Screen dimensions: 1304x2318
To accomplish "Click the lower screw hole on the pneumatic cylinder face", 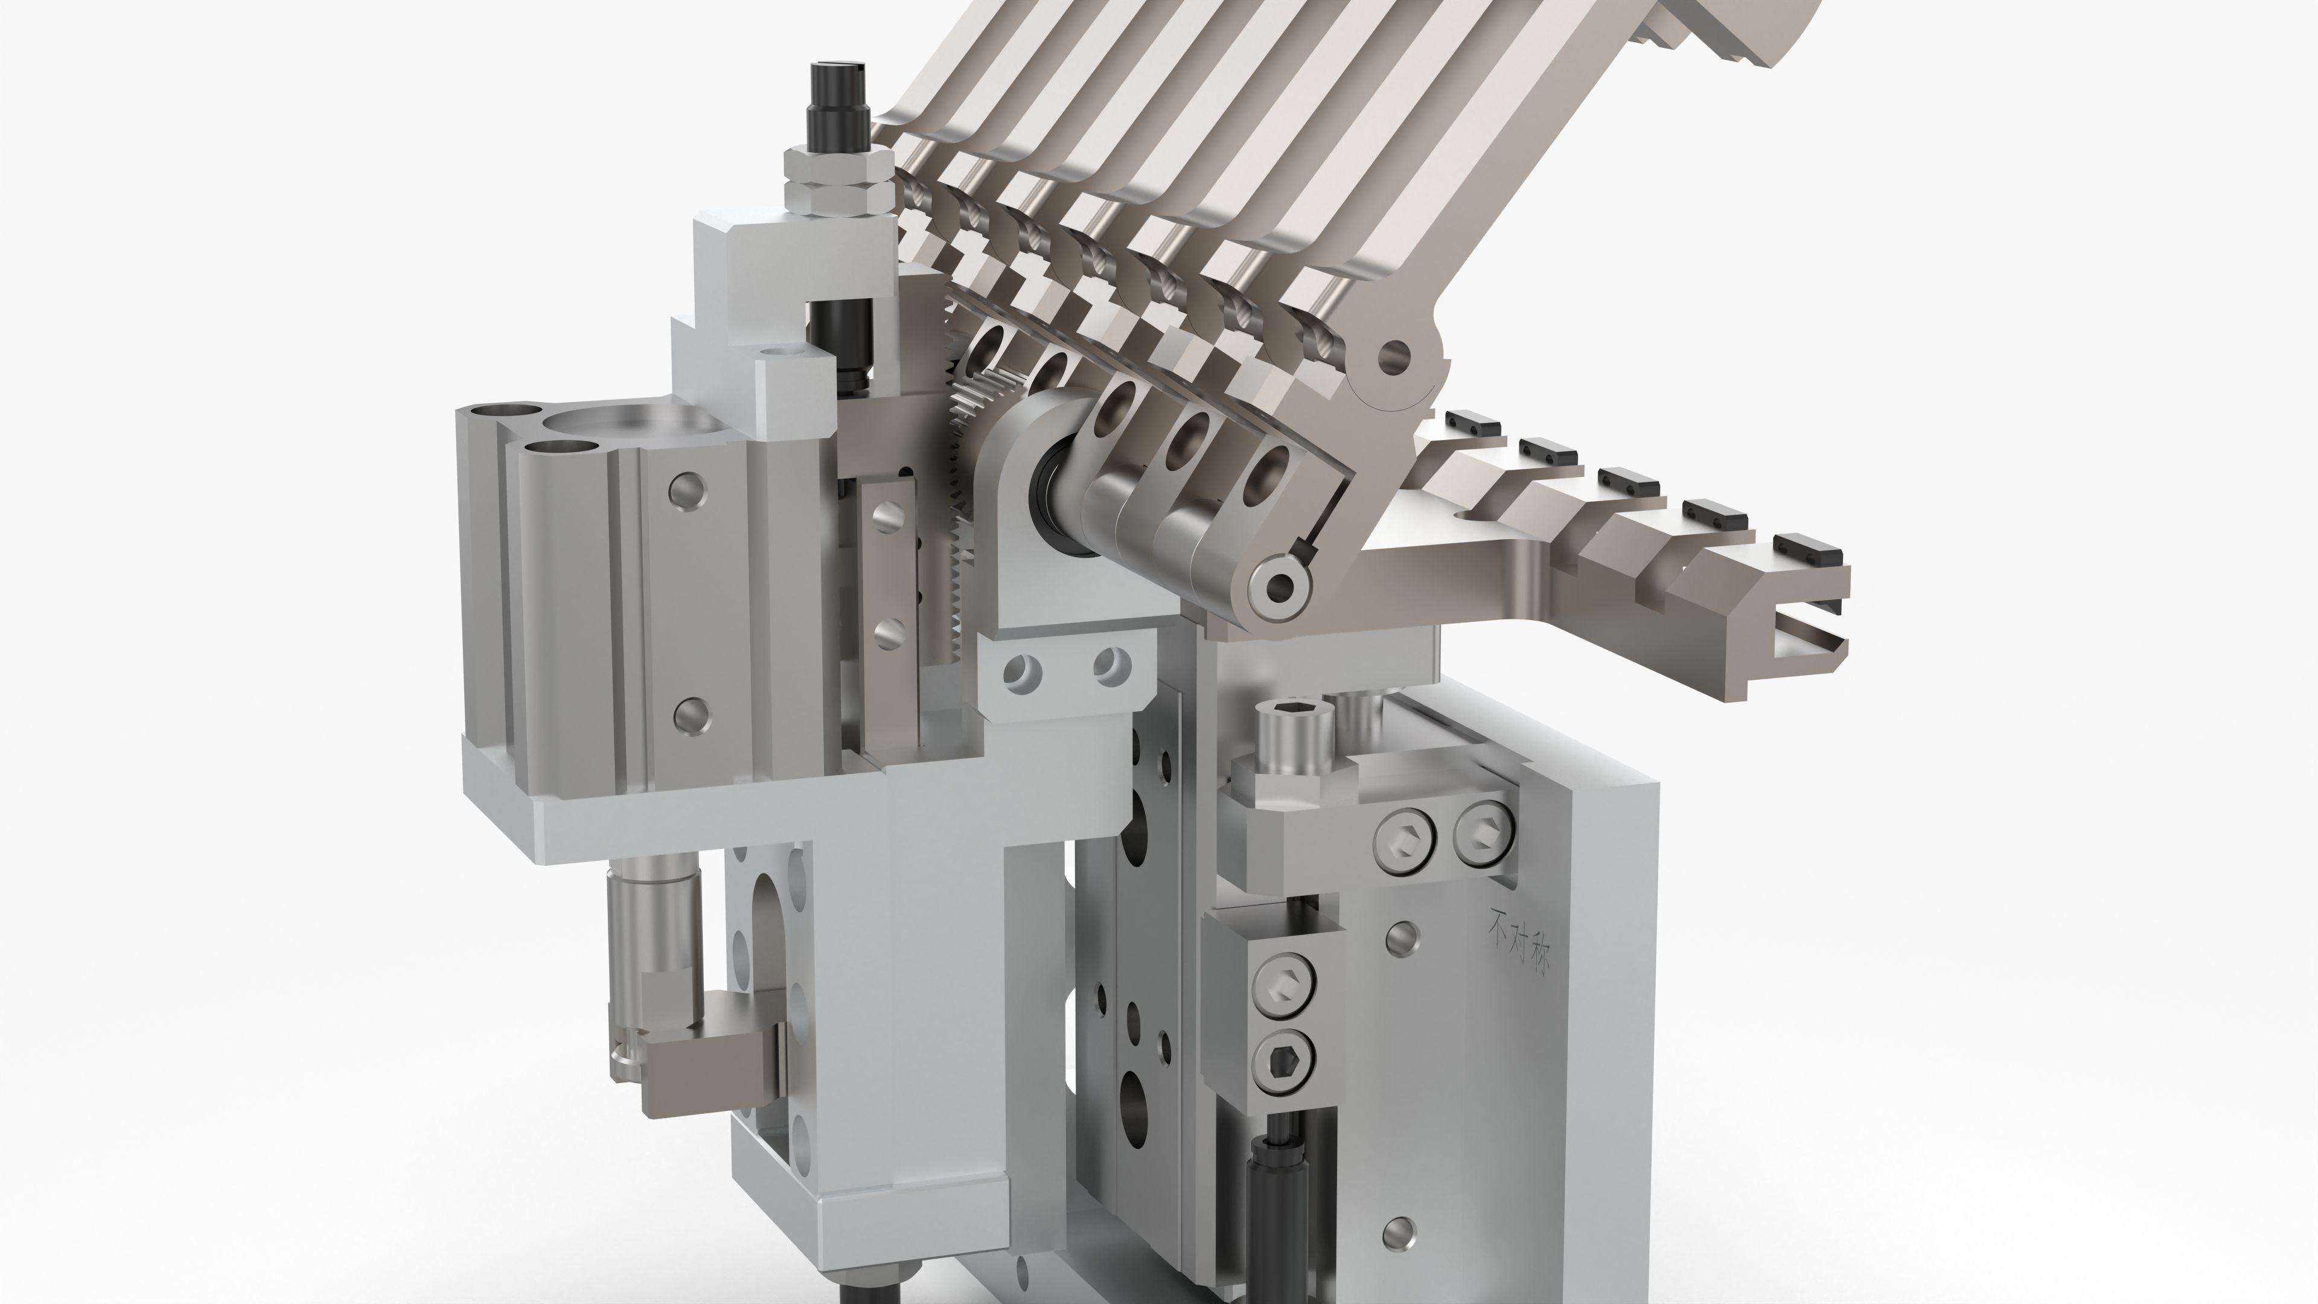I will click(690, 714).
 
